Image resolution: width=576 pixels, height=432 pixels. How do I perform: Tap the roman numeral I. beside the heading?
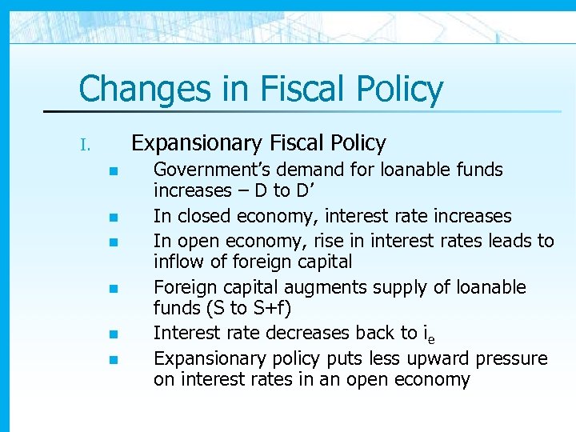[x=86, y=146]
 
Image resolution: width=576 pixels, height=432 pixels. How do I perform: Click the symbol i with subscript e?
[x=428, y=334]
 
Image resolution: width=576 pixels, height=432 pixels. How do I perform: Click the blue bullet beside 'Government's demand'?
[x=114, y=171]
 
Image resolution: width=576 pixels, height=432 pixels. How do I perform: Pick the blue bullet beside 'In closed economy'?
[x=114, y=218]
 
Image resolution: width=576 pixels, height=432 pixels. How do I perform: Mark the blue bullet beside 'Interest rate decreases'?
[x=114, y=334]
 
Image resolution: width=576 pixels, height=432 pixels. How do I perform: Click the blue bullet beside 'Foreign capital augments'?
[x=114, y=288]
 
